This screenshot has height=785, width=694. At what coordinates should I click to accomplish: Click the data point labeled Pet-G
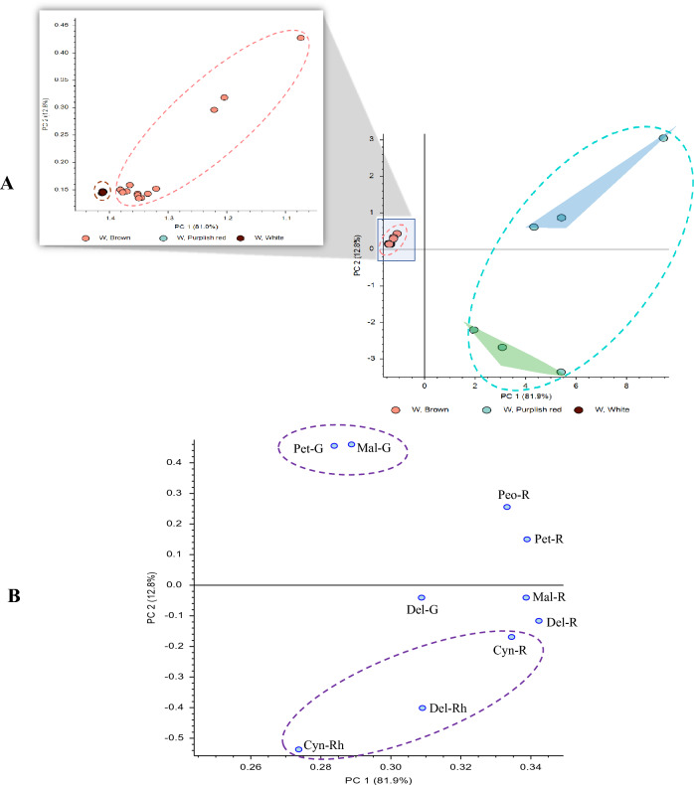point(334,446)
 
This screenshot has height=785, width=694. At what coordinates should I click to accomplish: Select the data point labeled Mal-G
point(351,445)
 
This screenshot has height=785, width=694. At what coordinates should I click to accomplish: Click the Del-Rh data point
point(423,708)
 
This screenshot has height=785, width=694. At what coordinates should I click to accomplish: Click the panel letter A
point(8,183)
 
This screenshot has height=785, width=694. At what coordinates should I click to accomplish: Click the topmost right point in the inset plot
point(300,39)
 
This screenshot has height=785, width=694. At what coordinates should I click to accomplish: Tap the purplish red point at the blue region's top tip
point(663,138)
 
